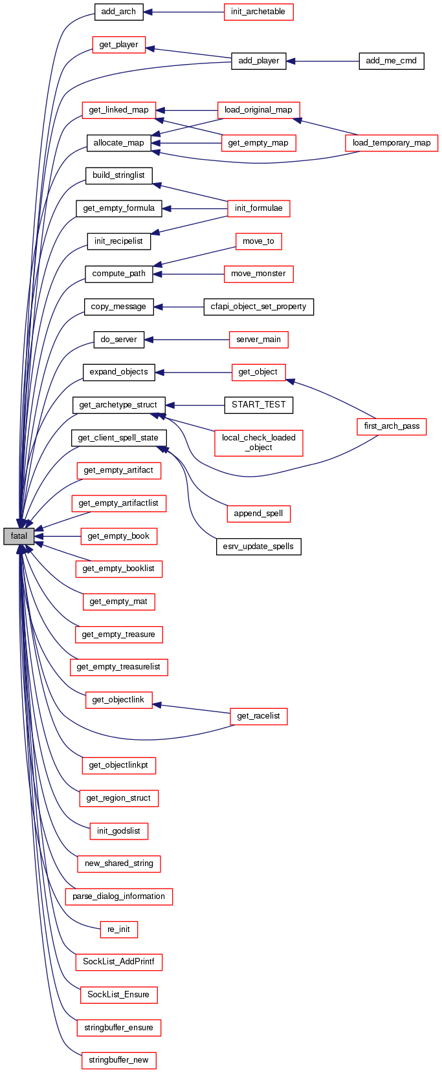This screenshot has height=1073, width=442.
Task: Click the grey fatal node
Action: [x=18, y=536]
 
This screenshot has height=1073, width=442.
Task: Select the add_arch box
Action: [x=118, y=12]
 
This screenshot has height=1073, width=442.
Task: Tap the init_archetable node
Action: [x=258, y=12]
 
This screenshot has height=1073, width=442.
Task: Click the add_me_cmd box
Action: [x=391, y=61]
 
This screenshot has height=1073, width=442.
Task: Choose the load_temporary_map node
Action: [x=392, y=143]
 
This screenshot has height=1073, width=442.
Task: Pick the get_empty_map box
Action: [x=258, y=143]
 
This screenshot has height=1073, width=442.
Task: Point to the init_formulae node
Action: [x=258, y=208]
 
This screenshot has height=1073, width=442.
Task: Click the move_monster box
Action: [x=258, y=274]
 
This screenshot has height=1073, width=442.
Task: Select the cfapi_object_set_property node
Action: [x=258, y=307]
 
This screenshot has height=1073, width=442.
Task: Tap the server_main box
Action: [x=258, y=340]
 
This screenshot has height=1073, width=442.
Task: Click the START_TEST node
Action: [x=258, y=405]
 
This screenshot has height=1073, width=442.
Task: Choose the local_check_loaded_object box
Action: [x=258, y=442]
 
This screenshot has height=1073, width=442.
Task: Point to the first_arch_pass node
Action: [x=392, y=426]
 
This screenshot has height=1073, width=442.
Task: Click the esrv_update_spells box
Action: [x=258, y=547]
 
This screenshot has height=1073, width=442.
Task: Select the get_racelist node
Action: [x=258, y=716]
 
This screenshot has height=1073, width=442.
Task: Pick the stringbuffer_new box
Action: [x=118, y=1060]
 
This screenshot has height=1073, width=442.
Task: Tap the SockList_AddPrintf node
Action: [x=118, y=962]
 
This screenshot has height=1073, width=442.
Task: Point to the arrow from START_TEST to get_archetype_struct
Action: [x=194, y=405]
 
